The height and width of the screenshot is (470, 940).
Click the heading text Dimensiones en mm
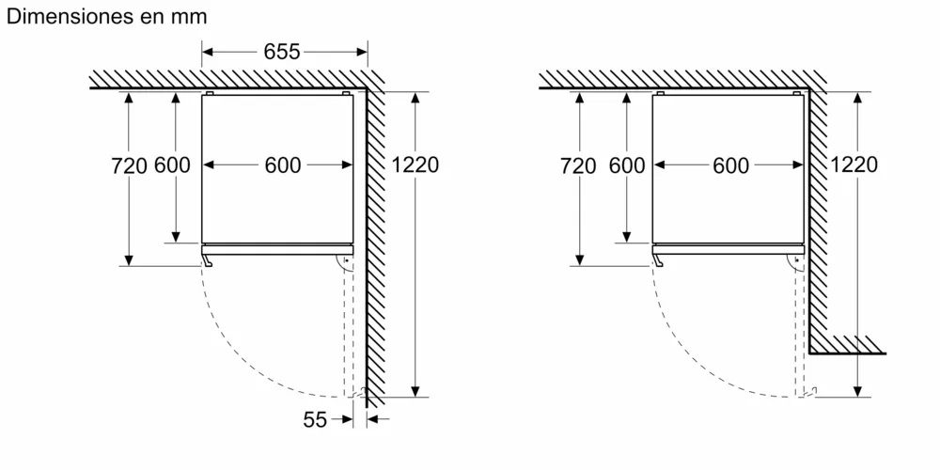coord(106,16)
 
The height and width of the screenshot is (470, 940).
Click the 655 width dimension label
coord(282,52)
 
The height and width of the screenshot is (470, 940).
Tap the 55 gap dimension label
coord(315,420)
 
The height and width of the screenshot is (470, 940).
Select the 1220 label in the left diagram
coord(415,164)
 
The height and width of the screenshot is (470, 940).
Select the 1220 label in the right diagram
coord(854,164)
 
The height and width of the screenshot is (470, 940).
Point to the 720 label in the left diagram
coord(129,165)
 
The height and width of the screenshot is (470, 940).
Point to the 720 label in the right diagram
coord(578,166)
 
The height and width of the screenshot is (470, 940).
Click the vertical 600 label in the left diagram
coord(172,164)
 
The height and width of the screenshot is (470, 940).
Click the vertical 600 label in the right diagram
coord(627,165)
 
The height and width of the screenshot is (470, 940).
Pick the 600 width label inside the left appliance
coord(282,165)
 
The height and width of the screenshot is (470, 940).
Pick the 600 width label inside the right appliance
coord(730,166)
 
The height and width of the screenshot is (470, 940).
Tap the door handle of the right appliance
coord(658,260)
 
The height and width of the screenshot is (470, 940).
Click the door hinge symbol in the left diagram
coord(344,262)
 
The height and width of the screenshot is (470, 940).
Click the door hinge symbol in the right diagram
coord(795,262)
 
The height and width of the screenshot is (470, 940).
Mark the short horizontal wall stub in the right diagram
coord(847,345)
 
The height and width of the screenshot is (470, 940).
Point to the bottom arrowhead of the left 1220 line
coord(415,390)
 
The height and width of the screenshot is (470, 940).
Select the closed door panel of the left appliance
coord(277,249)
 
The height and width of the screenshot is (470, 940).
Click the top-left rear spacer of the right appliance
coord(660,93)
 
